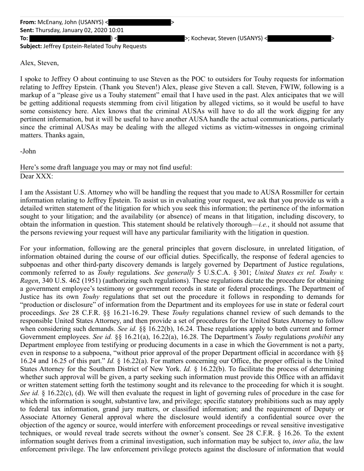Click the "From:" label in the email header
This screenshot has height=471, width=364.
[28, 22]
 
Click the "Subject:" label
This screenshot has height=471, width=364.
[31, 46]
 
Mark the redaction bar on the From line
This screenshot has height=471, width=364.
[140, 22]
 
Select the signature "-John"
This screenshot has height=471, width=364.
[28, 151]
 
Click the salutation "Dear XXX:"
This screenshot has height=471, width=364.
[36, 176]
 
